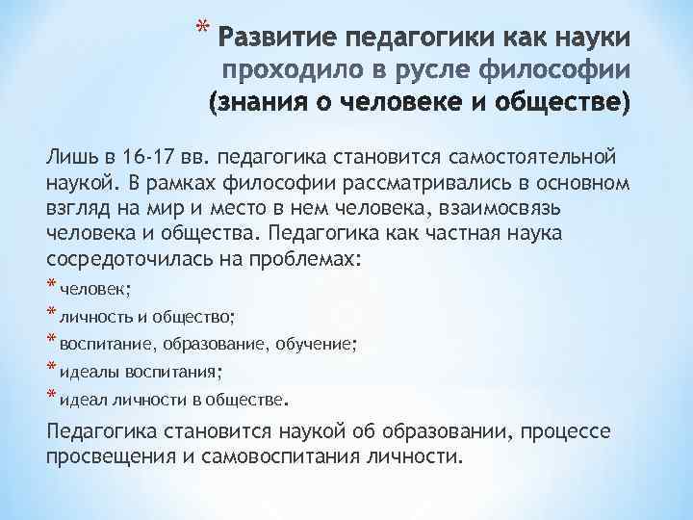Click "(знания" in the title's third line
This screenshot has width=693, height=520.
coord(255,101)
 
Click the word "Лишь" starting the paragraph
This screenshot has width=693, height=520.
coord(70,157)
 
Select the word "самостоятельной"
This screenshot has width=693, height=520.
coord(530,157)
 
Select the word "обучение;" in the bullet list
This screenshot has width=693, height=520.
coord(321,342)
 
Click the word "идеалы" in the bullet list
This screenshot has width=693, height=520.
coord(86,370)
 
